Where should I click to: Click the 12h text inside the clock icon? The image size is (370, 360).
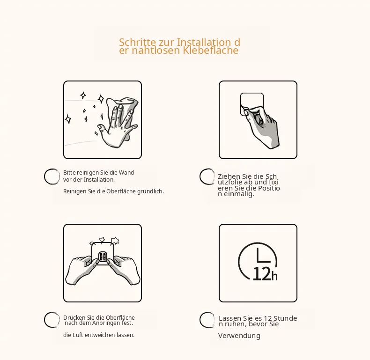point(265,274)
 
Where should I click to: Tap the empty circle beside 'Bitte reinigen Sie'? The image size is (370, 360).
point(52,176)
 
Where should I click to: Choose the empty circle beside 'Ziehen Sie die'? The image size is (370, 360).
point(207,176)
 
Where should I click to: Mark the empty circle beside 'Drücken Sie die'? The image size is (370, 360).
point(52,320)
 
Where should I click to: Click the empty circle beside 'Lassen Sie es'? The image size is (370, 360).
point(207,320)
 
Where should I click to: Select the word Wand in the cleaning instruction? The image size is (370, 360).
point(126,173)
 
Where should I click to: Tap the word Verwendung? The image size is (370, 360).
point(239,336)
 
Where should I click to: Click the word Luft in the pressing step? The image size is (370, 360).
point(78,335)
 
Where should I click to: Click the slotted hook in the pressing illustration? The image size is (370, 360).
point(103,257)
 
